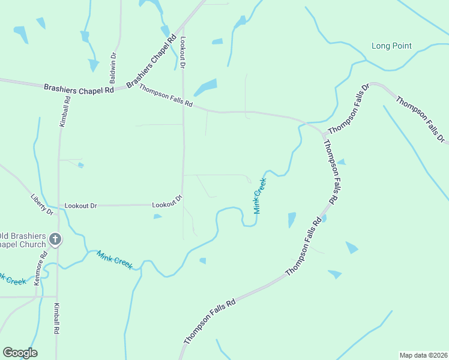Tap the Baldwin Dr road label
click(x=113, y=68)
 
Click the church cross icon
click(x=55, y=239)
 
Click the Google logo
click(x=20, y=353)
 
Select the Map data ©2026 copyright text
click(x=423, y=355)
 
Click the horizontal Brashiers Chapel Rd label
click(x=79, y=89)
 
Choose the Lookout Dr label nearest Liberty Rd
click(x=80, y=206)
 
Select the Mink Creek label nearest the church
click(x=114, y=259)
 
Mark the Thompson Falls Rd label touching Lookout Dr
click(x=165, y=95)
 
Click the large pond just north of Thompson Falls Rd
click(x=205, y=87)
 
